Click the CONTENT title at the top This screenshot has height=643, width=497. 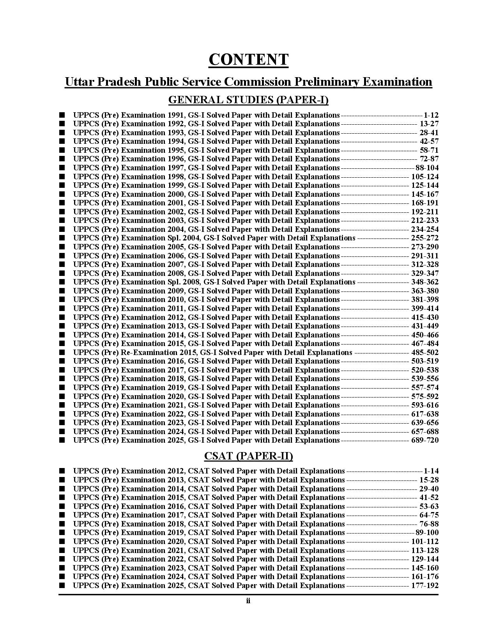pyautogui.click(x=248, y=60)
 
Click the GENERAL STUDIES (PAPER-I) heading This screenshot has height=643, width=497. pyautogui.click(x=248, y=100)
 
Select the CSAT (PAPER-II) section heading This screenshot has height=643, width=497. pyautogui.click(x=248, y=456)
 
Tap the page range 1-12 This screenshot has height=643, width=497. pyautogui.click(x=431, y=115)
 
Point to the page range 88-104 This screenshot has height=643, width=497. pyautogui.click(x=427, y=168)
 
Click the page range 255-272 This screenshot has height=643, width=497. pyautogui.click(x=424, y=238)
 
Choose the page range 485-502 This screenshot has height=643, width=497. pyautogui.click(x=424, y=353)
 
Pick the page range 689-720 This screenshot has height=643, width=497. pyautogui.click(x=424, y=440)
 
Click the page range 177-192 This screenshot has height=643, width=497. pyautogui.click(x=424, y=586)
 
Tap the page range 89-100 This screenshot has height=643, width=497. pyautogui.click(x=427, y=533)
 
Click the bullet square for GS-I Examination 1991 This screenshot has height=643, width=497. pyautogui.click(x=62, y=115)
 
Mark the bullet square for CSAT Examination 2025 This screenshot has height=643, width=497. pyautogui.click(x=62, y=586)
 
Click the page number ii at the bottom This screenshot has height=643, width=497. pyautogui.click(x=248, y=601)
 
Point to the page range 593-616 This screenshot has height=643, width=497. pyautogui.click(x=424, y=405)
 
